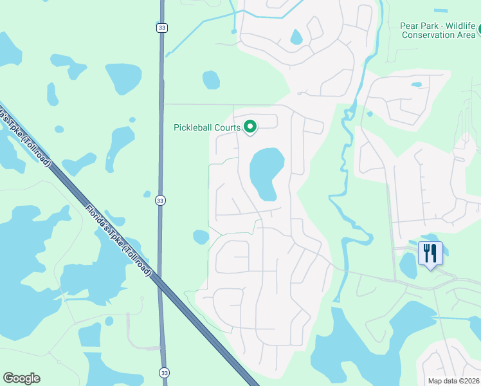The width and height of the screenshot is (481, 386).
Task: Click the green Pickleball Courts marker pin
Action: click(250, 127)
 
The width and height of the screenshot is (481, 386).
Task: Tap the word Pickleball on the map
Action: click(196, 127)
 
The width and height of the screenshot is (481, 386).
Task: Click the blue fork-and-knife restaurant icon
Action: click(430, 252)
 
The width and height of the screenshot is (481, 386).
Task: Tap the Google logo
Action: click(21, 378)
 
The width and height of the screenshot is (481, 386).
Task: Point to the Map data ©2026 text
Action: click(453, 381)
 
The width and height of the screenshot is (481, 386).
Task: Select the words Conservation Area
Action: click(438, 35)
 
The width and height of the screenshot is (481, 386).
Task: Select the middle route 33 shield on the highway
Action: click(159, 201)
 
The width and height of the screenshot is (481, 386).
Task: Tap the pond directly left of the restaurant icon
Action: click(408, 264)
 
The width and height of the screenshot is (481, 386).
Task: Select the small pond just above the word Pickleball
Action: click(211, 80)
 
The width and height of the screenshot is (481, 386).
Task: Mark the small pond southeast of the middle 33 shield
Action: click(201, 237)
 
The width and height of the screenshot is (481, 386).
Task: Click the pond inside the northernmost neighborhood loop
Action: click(296, 37)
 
